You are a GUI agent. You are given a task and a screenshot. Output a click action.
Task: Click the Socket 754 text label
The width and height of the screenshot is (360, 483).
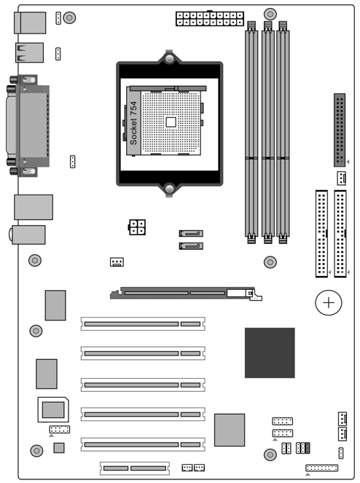click(x=133, y=123)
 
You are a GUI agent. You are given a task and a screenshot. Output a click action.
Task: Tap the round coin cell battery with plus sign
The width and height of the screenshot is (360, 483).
click(x=329, y=302)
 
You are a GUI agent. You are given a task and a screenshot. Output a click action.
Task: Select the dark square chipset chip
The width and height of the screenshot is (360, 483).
click(x=270, y=353)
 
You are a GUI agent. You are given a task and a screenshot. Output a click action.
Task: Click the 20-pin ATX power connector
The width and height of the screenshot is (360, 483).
click(x=210, y=19)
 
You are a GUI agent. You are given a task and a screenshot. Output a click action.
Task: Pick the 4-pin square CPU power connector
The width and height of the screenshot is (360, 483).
click(x=137, y=227)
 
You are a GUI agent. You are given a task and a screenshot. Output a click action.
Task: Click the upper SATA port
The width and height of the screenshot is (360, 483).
click(x=191, y=234)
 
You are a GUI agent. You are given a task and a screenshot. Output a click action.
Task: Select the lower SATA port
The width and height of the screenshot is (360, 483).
click(x=191, y=246)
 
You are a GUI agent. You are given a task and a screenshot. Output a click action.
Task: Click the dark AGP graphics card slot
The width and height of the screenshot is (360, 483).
click(x=186, y=294)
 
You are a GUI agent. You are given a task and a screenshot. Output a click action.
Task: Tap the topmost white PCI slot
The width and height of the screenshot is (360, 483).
click(x=143, y=323)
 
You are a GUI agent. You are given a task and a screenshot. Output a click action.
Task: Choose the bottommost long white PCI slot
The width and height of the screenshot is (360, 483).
click(x=143, y=444)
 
